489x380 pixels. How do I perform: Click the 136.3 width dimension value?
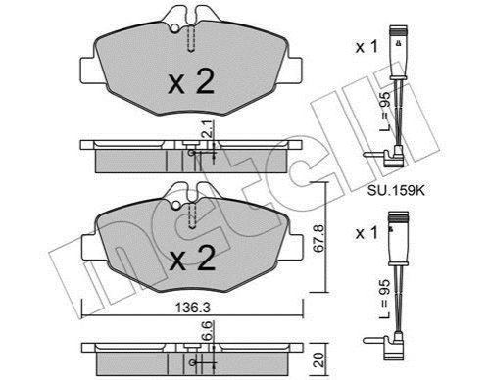tap(192, 308)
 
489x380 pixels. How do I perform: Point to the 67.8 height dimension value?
tap(318, 238)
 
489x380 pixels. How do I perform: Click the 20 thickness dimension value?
tap(319, 360)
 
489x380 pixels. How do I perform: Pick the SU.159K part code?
tap(396, 191)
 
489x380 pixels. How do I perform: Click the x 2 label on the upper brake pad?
tap(191, 82)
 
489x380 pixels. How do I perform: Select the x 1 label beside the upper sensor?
tap(367, 47)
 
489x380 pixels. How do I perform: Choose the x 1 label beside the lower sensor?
tap(367, 233)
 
